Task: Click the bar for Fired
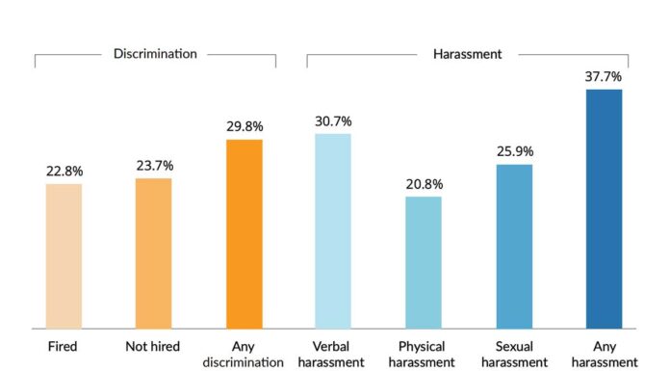64,255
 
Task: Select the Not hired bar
153,252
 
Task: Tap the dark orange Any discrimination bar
244,233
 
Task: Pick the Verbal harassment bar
333,230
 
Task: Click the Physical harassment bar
424,262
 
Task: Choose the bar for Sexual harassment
514,246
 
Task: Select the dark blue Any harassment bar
605,208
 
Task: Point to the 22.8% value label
64,172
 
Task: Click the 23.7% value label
153,166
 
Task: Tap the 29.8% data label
244,127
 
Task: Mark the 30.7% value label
333,121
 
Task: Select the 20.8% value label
424,184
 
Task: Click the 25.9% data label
514,152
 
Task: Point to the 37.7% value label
605,77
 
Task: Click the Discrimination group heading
154,54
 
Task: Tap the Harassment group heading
467,54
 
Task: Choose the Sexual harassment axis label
514,353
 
